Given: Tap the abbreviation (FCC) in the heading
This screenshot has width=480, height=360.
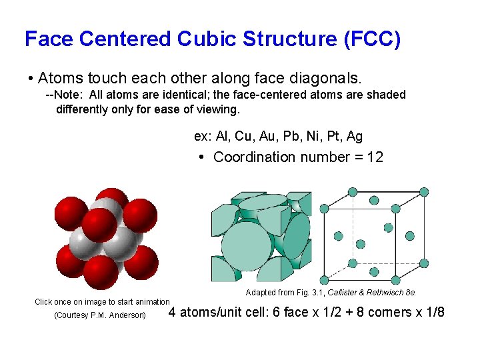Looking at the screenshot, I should click(371, 39).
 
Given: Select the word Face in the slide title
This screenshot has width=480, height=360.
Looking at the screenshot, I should click(49, 39).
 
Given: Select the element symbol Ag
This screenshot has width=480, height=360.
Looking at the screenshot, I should click(355, 136).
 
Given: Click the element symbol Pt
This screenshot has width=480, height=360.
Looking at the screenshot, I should click(333, 136).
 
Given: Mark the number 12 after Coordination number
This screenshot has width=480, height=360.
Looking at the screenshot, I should click(375, 157).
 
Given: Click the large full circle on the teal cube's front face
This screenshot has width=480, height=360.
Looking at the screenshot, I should click(247, 245).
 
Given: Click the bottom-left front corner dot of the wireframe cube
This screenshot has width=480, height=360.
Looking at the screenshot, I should click(325, 280).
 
